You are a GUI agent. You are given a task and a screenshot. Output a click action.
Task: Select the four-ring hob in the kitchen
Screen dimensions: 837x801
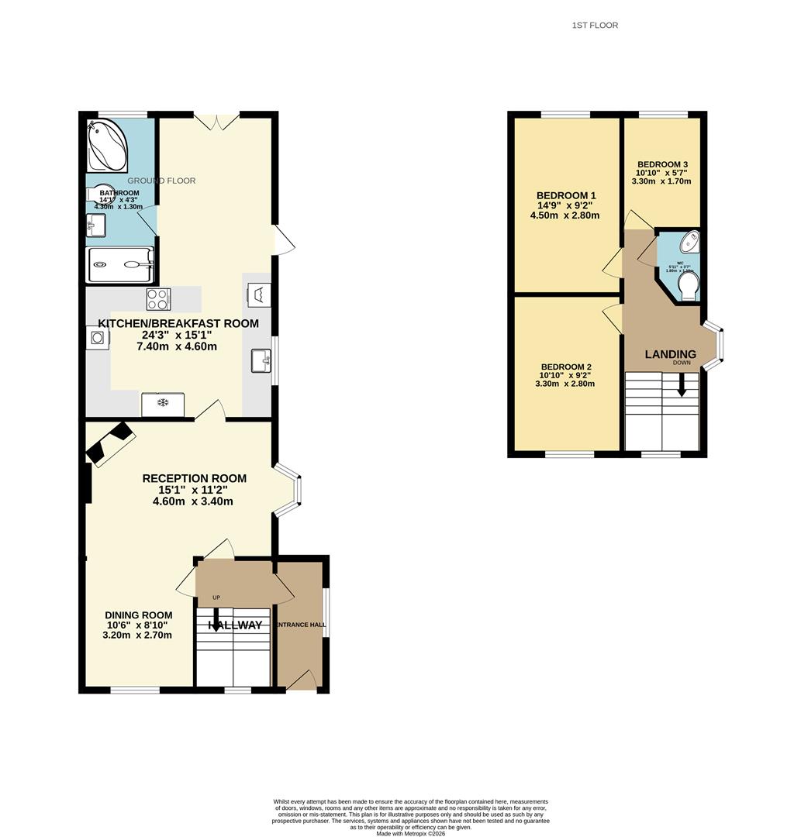158,298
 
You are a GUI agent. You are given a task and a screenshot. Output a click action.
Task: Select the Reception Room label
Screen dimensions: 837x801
194,478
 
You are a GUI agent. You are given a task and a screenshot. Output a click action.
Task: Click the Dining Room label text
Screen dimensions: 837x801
139,615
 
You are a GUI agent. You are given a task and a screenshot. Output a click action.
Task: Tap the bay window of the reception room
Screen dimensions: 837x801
288,491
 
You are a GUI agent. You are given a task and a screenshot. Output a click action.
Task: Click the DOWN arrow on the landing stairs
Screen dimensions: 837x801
682,384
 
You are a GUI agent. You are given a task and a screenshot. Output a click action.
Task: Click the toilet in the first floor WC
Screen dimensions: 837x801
687,288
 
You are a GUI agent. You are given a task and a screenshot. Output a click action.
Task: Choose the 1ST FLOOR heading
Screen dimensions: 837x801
595,26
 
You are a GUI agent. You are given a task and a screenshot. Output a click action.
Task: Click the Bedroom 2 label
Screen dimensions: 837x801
566,367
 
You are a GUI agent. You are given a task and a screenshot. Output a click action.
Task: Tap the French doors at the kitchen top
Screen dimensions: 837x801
216,121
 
